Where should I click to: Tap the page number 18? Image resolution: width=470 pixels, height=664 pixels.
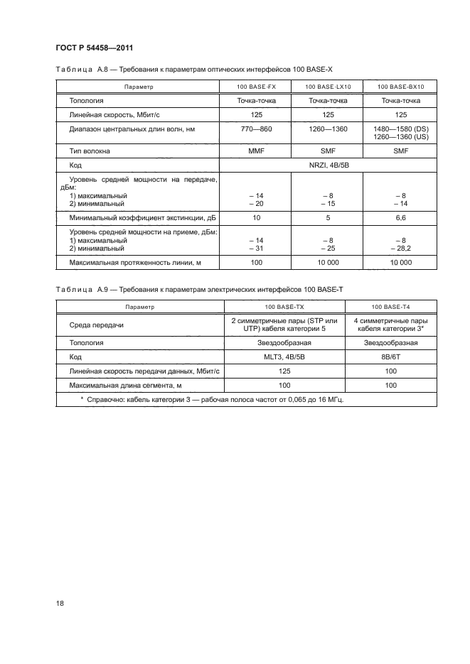(x=60, y=604)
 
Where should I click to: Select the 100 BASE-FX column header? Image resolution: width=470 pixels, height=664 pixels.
(x=247, y=87)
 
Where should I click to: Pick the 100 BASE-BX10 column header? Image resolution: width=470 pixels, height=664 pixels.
(x=400, y=87)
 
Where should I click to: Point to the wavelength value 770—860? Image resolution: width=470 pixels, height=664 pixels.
(x=247, y=129)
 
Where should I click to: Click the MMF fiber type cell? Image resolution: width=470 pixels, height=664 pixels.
(x=247, y=151)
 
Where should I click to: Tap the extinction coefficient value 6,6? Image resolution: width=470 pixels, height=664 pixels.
(x=400, y=218)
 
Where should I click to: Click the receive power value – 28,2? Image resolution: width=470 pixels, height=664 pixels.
(x=400, y=249)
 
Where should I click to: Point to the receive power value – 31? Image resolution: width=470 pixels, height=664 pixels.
(x=247, y=249)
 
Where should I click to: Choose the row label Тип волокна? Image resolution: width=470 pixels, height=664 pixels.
(x=90, y=151)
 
